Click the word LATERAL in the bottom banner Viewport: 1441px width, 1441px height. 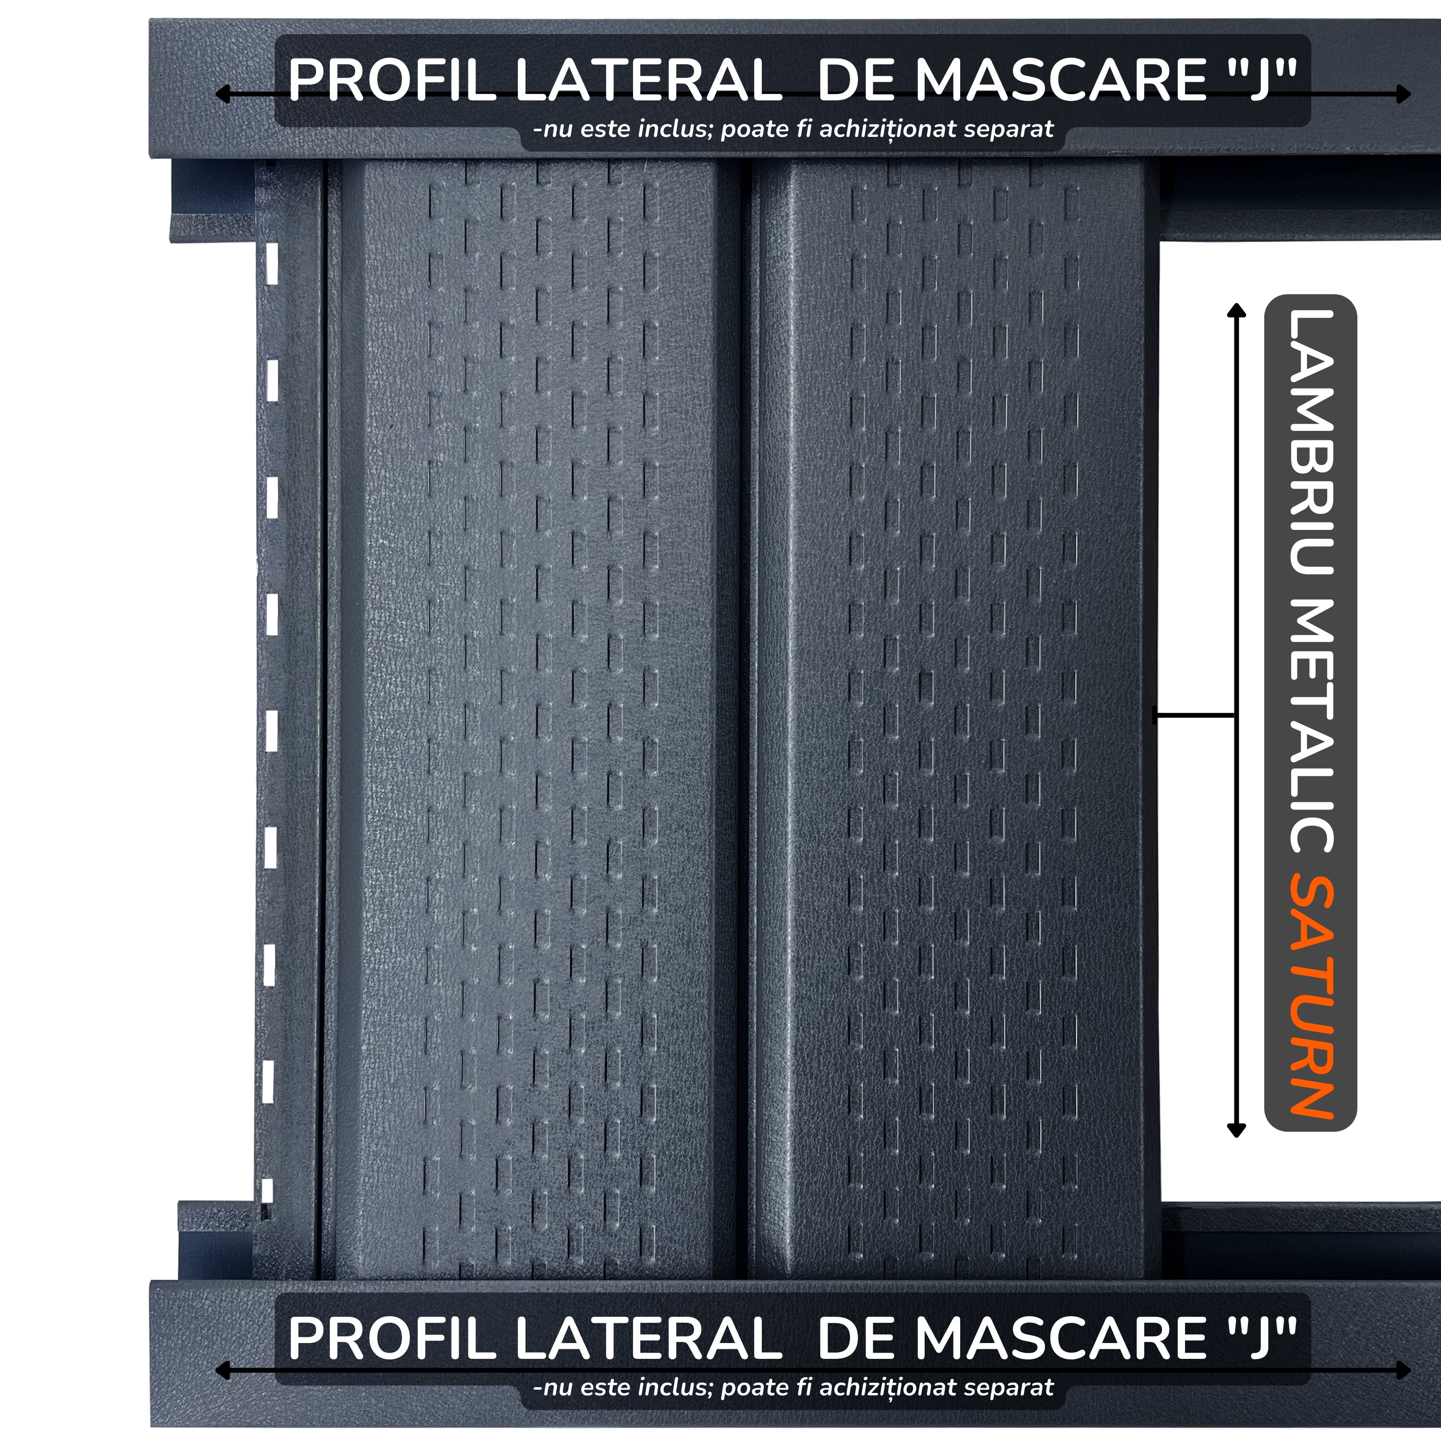pos(647,1339)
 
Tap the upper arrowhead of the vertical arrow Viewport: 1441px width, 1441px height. pos(1237,310)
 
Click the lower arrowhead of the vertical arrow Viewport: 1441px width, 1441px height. pos(1237,1130)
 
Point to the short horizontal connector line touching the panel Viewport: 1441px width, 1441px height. pos(1193,716)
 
